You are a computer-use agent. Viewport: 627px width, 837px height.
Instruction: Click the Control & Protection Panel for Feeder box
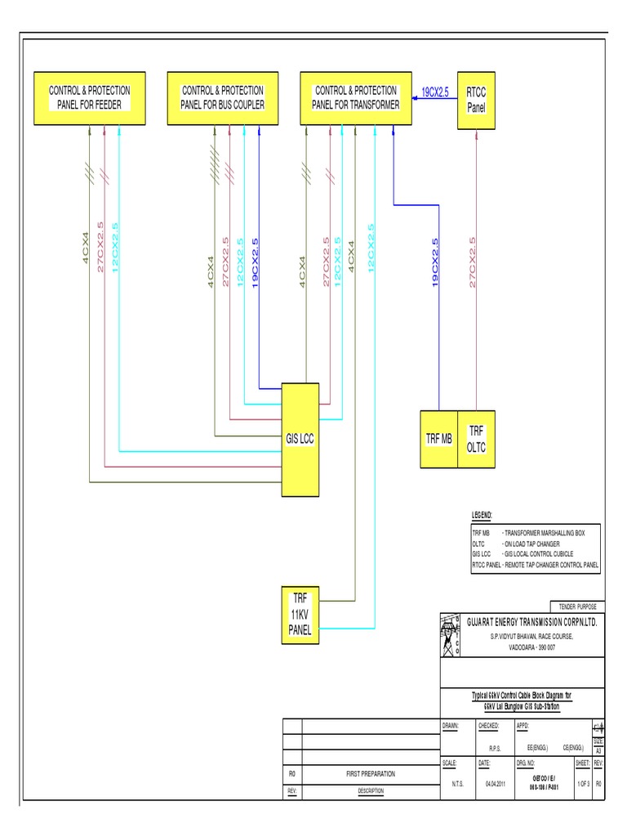click(88, 98)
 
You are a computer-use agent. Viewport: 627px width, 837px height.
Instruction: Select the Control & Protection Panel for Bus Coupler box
click(222, 98)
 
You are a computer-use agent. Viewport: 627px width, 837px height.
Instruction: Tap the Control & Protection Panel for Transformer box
click(357, 98)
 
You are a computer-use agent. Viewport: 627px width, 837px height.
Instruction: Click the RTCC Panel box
click(476, 98)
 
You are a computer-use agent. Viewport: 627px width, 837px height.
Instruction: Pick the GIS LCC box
click(300, 440)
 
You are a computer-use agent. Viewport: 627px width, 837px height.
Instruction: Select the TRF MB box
click(438, 439)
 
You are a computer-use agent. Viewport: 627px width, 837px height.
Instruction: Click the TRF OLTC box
click(476, 439)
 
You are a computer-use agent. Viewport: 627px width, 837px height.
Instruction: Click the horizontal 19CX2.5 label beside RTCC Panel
click(435, 92)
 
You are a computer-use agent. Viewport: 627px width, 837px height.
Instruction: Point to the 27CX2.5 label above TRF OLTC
click(473, 262)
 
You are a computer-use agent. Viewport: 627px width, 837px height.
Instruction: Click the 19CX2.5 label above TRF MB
click(435, 262)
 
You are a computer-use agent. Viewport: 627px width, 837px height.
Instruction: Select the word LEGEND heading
click(482, 516)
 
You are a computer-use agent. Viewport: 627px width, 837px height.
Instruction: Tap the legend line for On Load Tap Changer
click(515, 543)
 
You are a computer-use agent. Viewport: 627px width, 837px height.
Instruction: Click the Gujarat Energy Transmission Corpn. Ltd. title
click(531, 622)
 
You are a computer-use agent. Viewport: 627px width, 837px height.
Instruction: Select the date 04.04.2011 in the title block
click(496, 783)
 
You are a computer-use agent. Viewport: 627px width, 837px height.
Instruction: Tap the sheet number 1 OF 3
click(581, 783)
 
